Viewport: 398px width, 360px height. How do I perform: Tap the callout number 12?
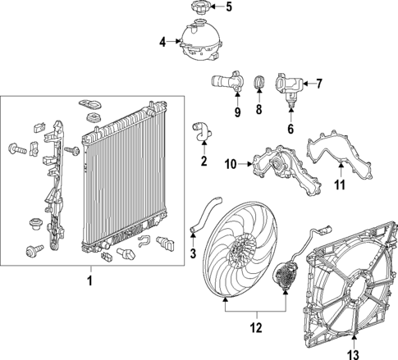tap(257, 327)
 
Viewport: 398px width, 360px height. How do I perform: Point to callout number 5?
tap(228, 8)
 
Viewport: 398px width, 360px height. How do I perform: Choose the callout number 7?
tap(319, 83)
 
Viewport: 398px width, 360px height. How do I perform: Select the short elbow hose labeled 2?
tap(202, 130)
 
